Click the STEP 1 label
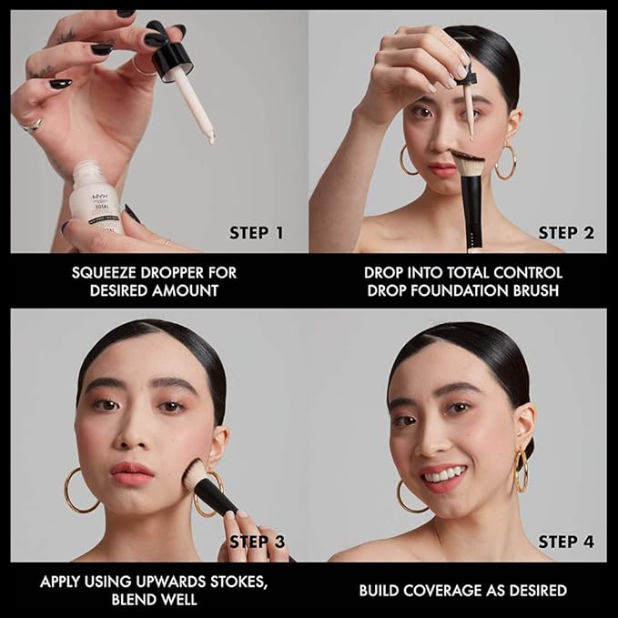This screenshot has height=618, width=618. (x=256, y=233)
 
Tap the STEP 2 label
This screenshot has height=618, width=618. (x=565, y=233)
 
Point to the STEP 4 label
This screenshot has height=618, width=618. (x=565, y=542)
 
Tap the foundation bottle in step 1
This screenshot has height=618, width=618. (x=98, y=196)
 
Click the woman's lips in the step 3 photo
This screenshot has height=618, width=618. (x=132, y=473)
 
